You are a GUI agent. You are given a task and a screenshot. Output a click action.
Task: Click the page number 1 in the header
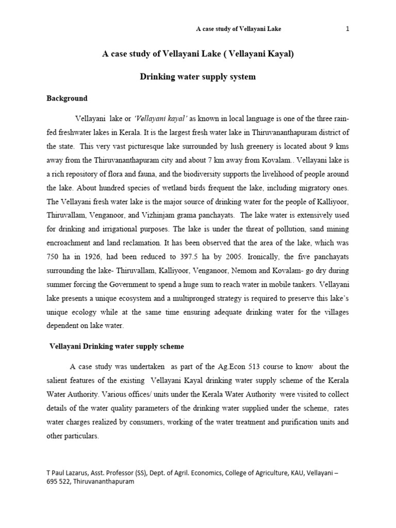pyautogui.click(x=348, y=29)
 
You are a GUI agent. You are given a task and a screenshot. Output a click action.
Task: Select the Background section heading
pyautogui.click(x=67, y=98)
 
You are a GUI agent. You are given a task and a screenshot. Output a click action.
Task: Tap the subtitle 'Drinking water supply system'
pyautogui.click(x=198, y=77)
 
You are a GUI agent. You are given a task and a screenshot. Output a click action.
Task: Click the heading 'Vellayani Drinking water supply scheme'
pyautogui.click(x=116, y=346)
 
